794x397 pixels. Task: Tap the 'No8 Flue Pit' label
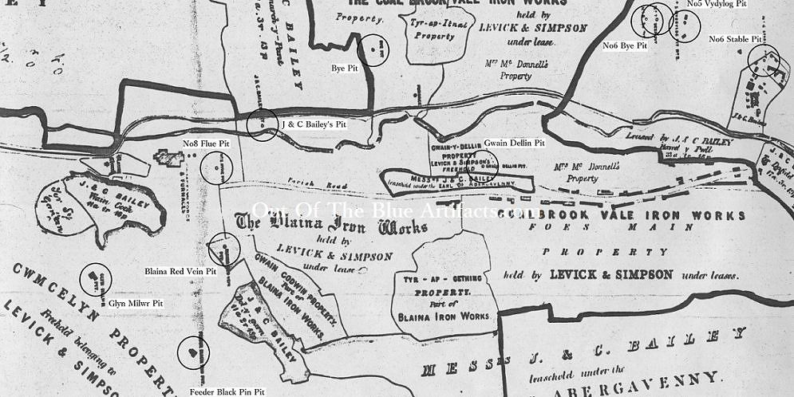(x=207, y=144)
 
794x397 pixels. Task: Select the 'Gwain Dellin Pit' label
(x=514, y=143)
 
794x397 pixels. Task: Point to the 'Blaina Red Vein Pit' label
(x=180, y=272)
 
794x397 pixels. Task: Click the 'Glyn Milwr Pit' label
(x=136, y=304)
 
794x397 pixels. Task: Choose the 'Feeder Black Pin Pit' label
(x=227, y=392)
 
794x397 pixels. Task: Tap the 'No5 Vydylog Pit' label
(x=717, y=5)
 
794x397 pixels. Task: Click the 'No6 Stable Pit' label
(x=734, y=39)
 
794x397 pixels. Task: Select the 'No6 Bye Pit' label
(x=624, y=45)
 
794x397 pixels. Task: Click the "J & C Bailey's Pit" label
(x=319, y=125)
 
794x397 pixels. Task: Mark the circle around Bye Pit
(x=373, y=50)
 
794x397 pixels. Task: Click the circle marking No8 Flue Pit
(x=216, y=167)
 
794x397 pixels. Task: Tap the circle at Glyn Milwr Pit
(x=96, y=279)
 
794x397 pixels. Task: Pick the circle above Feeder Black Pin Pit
(x=192, y=351)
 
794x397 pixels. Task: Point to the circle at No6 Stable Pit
(x=764, y=61)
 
